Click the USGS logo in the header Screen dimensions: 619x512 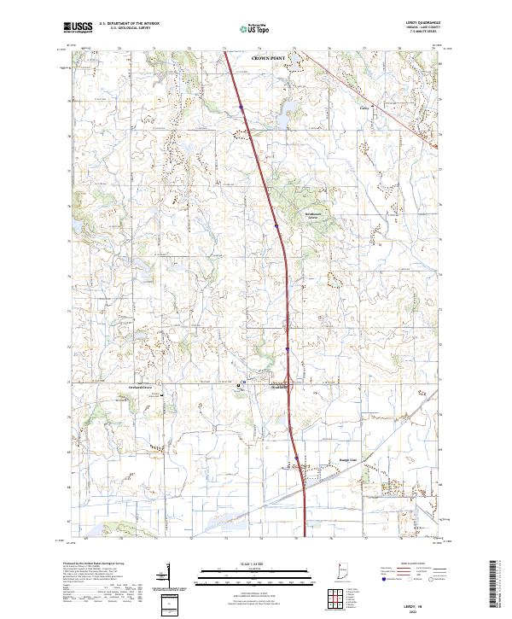point(79,27)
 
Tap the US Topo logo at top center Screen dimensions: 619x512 point(255,29)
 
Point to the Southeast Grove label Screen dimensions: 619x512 point(317,215)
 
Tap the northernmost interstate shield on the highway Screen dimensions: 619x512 point(241,107)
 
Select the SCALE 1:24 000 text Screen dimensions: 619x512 point(255,564)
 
